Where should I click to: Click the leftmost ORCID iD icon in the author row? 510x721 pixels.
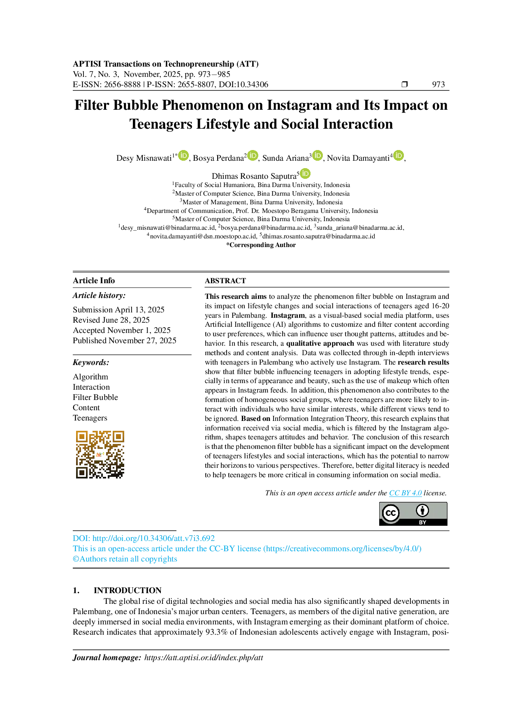pyautogui.click(x=183, y=156)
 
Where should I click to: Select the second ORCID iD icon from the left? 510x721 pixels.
pyautogui.click(x=253, y=155)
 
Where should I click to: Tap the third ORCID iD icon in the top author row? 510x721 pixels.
pyautogui.click(x=317, y=155)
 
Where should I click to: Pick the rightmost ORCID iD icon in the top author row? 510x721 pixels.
pyautogui.click(x=398, y=155)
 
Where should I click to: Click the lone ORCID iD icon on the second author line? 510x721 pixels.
pyautogui.click(x=305, y=173)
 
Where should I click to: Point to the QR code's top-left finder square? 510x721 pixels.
pyautogui.click(x=82, y=437)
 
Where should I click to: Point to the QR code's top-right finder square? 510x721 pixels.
pyautogui.click(x=118, y=437)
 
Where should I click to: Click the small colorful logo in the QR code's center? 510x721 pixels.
pyautogui.click(x=100, y=455)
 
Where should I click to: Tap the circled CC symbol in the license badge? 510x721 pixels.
pyautogui.click(x=390, y=513)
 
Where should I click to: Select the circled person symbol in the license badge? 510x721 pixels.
pyautogui.click(x=422, y=511)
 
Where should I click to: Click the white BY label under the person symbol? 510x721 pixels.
pyautogui.click(x=422, y=522)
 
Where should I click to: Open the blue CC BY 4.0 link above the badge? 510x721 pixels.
pyautogui.click(x=405, y=494)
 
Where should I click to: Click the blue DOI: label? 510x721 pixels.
pyautogui.click(x=81, y=538)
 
